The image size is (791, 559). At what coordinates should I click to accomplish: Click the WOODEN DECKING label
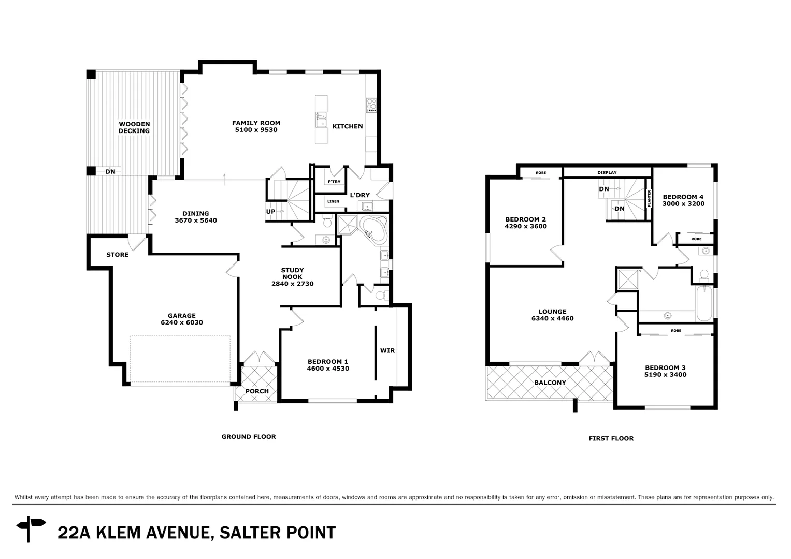pos(134,127)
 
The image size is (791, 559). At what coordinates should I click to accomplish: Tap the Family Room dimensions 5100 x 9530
pos(256,130)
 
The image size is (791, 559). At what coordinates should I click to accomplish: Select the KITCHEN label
pos(347,126)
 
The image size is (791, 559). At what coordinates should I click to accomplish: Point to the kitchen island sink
pos(321,119)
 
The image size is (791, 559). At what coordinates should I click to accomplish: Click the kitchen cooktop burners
pos(371,105)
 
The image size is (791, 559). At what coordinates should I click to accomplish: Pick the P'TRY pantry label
pos(334,182)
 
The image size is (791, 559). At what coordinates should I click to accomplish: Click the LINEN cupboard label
pos(333,201)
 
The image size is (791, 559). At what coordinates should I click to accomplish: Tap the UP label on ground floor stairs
pos(270,211)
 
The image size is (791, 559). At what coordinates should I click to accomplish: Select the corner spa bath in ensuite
pos(372,231)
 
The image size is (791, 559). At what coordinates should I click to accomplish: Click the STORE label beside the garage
pos(117,255)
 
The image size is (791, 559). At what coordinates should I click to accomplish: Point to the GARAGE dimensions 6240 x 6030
pos(181,322)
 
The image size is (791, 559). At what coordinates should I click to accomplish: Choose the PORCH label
pos(257,391)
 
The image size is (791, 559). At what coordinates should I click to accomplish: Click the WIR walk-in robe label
pos(387,350)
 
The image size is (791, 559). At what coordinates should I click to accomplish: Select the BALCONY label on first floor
pos(550,383)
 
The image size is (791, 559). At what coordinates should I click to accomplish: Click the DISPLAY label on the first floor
pos(607,172)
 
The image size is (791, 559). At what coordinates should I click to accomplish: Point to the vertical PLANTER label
pos(649,199)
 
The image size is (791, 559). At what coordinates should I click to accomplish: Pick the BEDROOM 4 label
pos(683,197)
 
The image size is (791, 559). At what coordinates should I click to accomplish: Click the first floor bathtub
pos(704,303)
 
